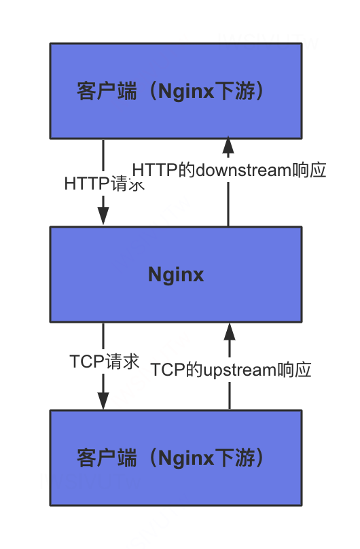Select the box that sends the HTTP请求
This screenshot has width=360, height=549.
176,91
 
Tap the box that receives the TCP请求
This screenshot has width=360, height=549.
176,457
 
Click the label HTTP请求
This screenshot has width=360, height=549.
105,183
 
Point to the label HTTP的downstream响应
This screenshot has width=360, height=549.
230,170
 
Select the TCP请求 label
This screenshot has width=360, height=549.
105,361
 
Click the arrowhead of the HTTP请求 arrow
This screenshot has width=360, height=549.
103,217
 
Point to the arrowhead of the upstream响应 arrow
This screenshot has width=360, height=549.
230,332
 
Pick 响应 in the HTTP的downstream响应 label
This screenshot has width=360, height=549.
310,170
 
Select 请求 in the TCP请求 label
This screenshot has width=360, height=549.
122,361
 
